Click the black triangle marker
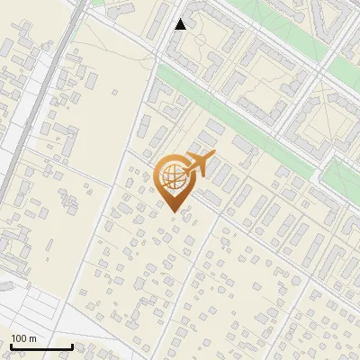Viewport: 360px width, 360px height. click(x=181, y=24)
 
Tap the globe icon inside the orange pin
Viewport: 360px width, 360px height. click(x=171, y=176)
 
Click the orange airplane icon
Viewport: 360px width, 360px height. click(x=201, y=166)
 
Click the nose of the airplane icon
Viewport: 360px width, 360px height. click(x=214, y=157)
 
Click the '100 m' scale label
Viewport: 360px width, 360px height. click(x=23, y=338)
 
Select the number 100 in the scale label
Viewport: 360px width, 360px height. click(x=19, y=338)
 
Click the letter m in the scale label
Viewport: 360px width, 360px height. click(x=32, y=338)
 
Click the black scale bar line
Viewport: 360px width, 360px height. click(x=41, y=346)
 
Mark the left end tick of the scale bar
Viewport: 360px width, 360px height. click(x=11, y=346)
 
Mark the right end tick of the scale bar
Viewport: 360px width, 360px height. click(x=72, y=346)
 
